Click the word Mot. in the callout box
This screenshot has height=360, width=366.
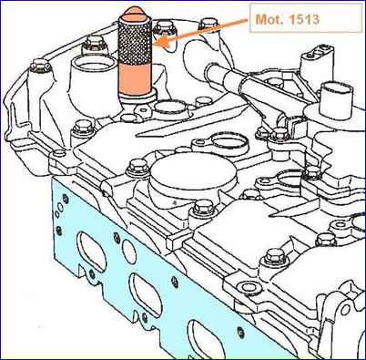(x=269, y=19)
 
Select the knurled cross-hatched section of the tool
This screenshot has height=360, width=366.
(x=134, y=38)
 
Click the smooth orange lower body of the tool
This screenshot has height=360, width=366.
(x=135, y=78)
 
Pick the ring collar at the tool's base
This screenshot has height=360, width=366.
(x=137, y=98)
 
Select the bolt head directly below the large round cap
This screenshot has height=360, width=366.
(x=202, y=207)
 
